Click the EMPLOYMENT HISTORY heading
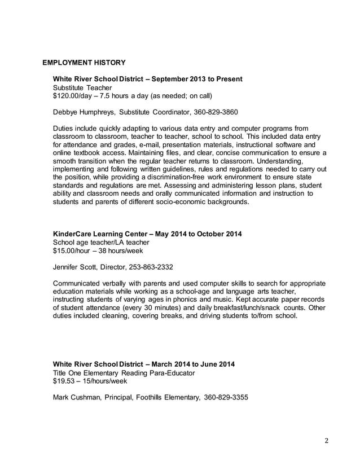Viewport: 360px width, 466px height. click(x=84, y=61)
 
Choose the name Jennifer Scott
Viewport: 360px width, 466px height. click(x=76, y=266)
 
